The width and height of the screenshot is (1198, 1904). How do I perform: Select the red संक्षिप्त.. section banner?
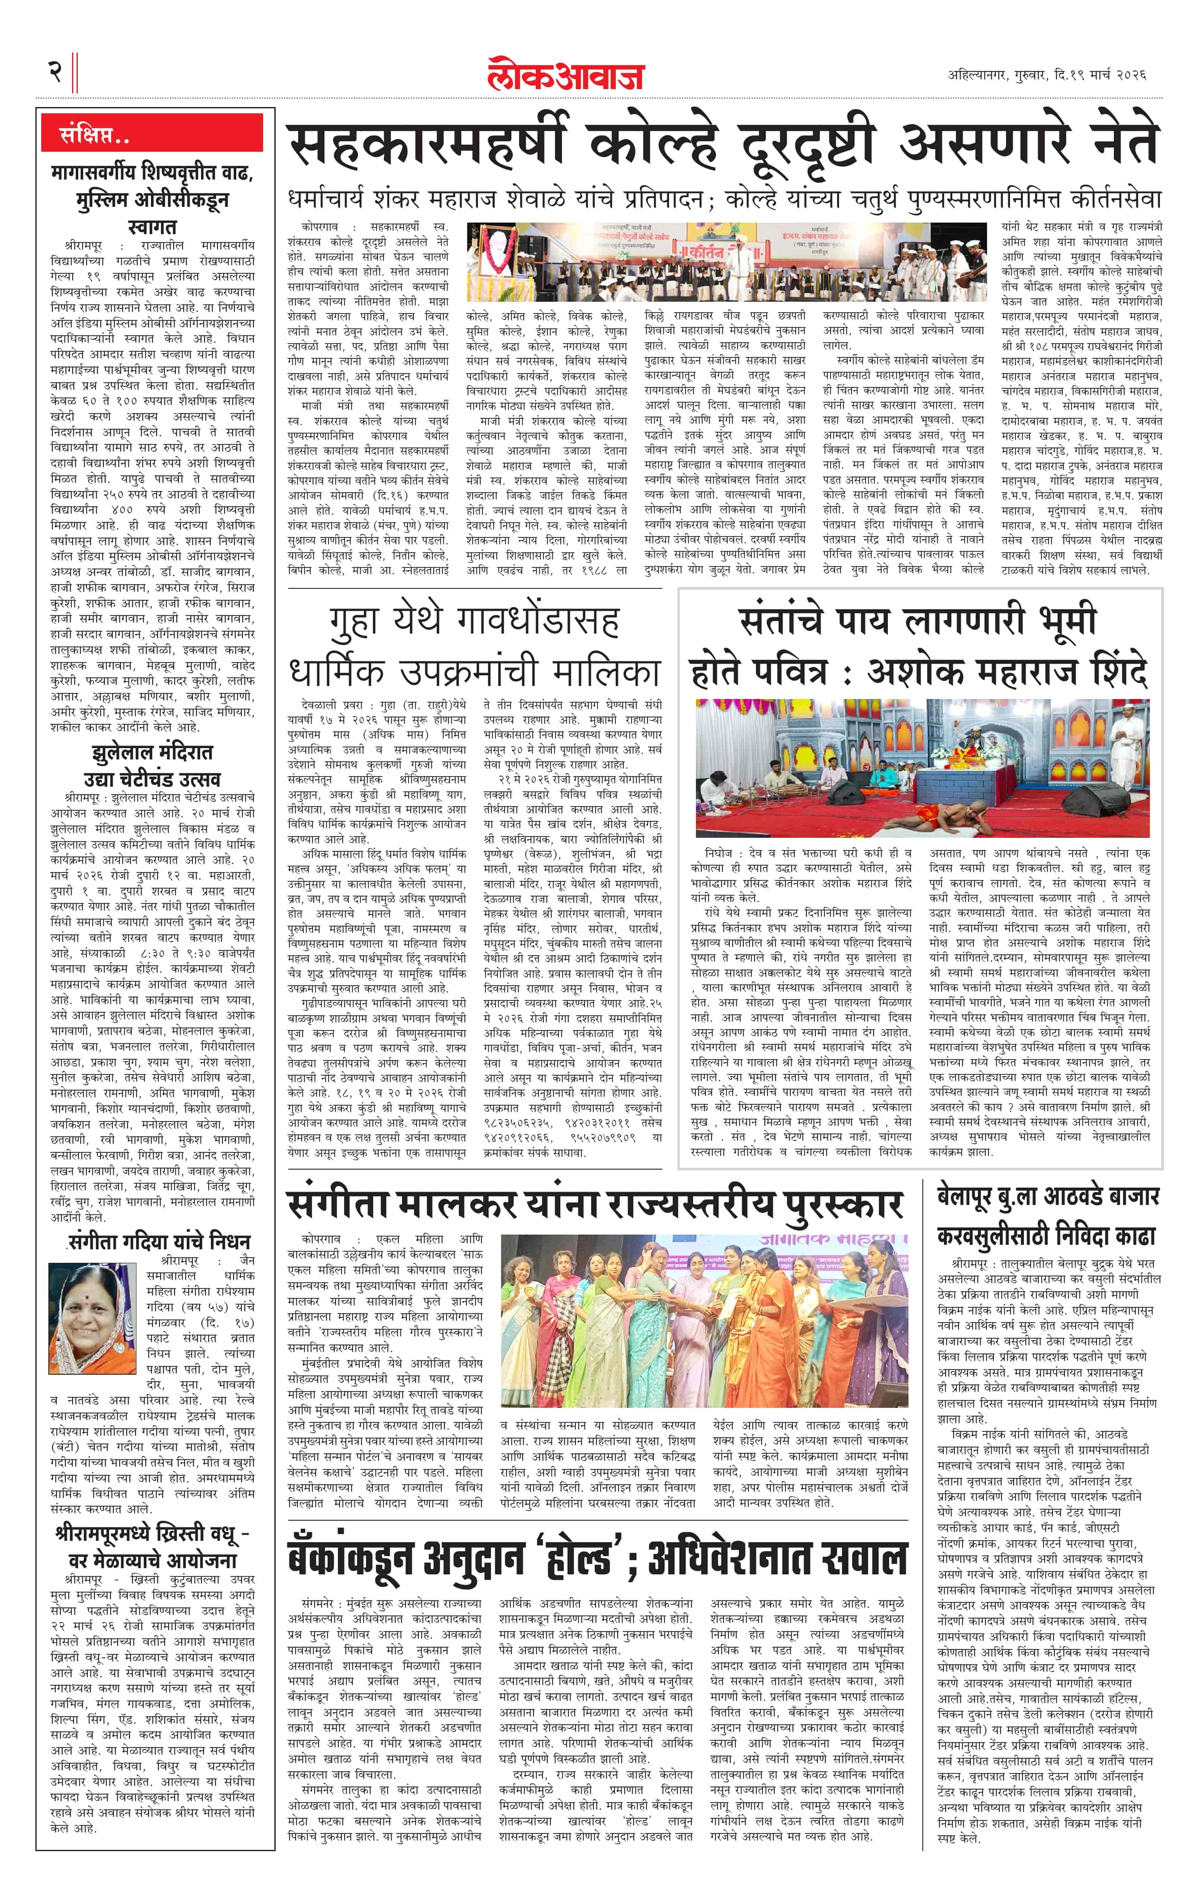coord(152,133)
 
